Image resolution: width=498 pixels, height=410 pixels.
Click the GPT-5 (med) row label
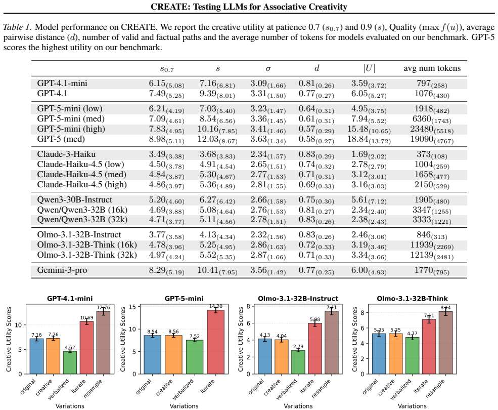[61, 139]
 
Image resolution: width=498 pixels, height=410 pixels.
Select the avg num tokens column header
[432, 68]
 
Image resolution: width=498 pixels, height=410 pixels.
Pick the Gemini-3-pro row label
[62, 270]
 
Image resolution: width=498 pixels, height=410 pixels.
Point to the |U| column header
[369, 68]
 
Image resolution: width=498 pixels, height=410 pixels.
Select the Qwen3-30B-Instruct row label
[75, 200]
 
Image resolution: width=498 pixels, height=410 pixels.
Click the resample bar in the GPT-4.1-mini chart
[103, 342]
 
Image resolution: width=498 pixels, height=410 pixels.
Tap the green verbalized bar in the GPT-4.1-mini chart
[70, 362]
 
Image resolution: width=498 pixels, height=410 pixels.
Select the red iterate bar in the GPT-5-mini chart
[216, 342]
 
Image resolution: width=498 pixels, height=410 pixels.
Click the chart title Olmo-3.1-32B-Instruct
[298, 298]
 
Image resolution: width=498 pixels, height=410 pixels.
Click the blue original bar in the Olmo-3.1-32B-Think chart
[379, 354]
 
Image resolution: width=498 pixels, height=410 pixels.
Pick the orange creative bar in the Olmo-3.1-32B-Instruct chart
[282, 356]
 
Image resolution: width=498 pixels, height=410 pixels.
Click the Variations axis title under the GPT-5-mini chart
[184, 406]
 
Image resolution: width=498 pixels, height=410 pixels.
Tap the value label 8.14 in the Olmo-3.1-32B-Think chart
[445, 308]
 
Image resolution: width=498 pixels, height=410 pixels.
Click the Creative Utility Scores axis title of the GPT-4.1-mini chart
[9, 339]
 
